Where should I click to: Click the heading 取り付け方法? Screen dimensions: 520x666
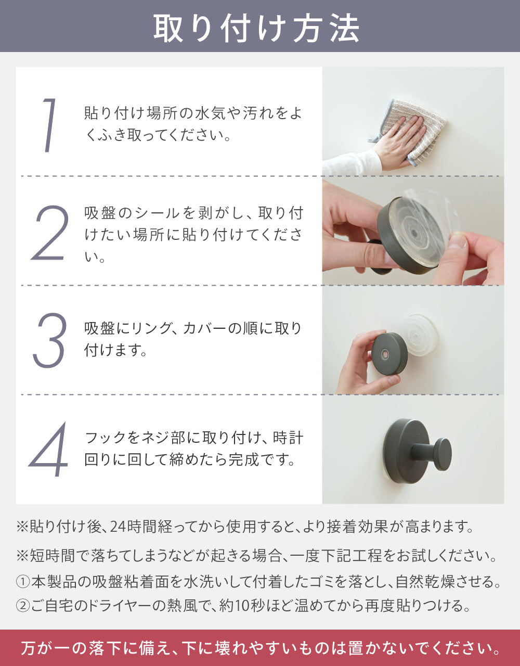pos(257,29)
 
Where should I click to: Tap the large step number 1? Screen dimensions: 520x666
pos(49,125)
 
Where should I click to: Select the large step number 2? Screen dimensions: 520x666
pos(49,233)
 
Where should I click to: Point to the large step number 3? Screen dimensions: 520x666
pos(49,340)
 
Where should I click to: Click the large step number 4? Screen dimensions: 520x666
pos(48,450)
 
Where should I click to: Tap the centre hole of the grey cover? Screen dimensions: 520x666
pos(385,355)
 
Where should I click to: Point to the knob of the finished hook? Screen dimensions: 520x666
pos(443,454)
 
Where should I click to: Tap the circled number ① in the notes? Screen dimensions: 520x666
pos(23,581)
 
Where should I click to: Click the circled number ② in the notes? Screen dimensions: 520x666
pos(23,606)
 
